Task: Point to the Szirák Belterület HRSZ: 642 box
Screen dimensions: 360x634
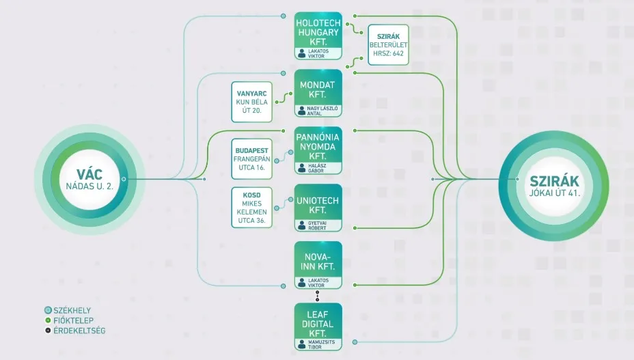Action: (x=388, y=44)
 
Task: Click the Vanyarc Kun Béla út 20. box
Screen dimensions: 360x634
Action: (x=252, y=102)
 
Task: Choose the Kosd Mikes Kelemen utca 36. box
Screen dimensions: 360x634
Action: (x=252, y=207)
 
